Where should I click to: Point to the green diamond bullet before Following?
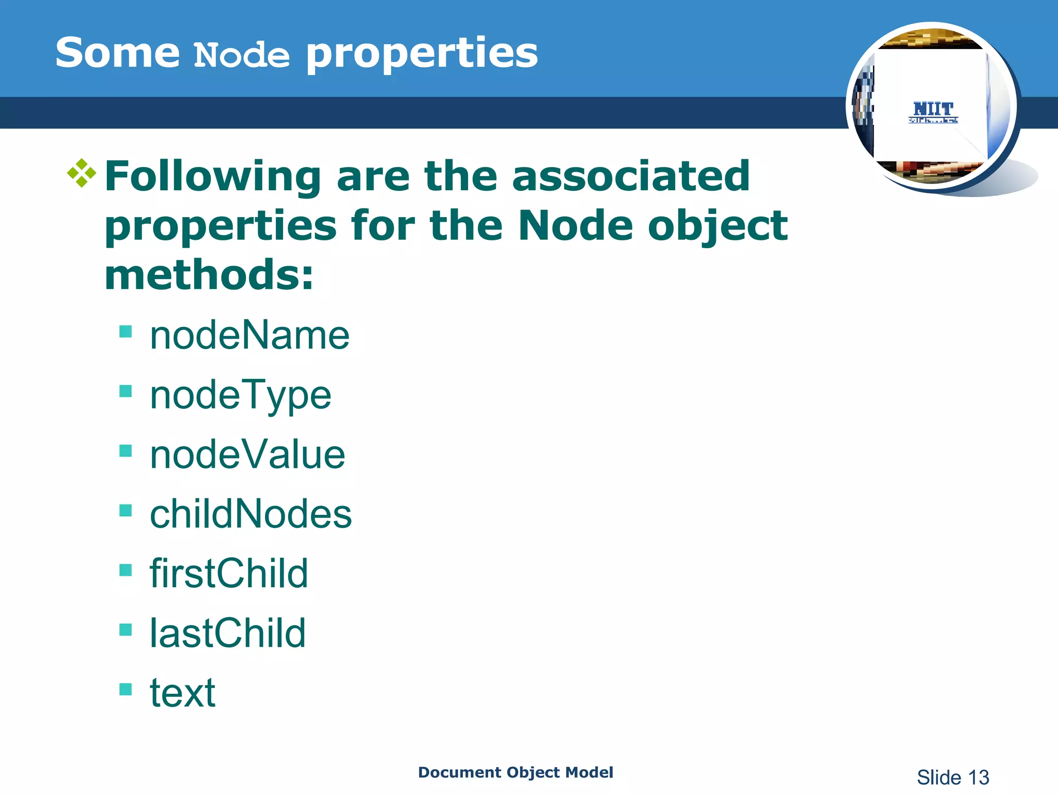82,173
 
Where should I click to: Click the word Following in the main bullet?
213,177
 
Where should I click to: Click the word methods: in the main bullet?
209,275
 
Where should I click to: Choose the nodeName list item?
250,335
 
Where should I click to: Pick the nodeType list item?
240,395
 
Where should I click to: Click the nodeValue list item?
247,455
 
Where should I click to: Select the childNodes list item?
251,514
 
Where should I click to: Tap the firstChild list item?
229,574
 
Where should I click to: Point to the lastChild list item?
228,633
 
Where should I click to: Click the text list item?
182,693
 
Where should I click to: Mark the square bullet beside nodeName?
126,331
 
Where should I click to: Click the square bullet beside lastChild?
126,629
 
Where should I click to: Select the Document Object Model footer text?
515,772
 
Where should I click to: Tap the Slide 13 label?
953,777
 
